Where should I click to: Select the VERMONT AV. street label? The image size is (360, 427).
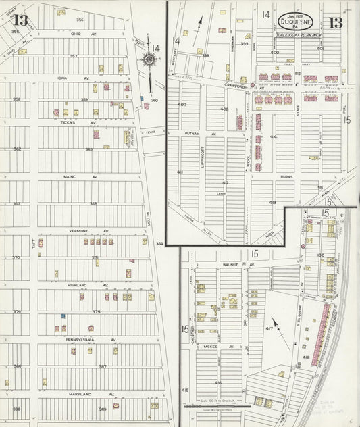click(82, 231)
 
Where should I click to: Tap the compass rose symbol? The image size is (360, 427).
click(148, 61)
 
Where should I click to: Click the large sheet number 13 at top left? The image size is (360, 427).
click(18, 18)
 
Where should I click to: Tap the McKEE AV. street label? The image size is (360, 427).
click(226, 347)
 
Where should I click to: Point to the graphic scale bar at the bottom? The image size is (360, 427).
click(223, 407)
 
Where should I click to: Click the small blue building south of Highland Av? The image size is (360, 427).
click(63, 316)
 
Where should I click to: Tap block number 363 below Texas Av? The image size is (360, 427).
click(88, 149)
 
